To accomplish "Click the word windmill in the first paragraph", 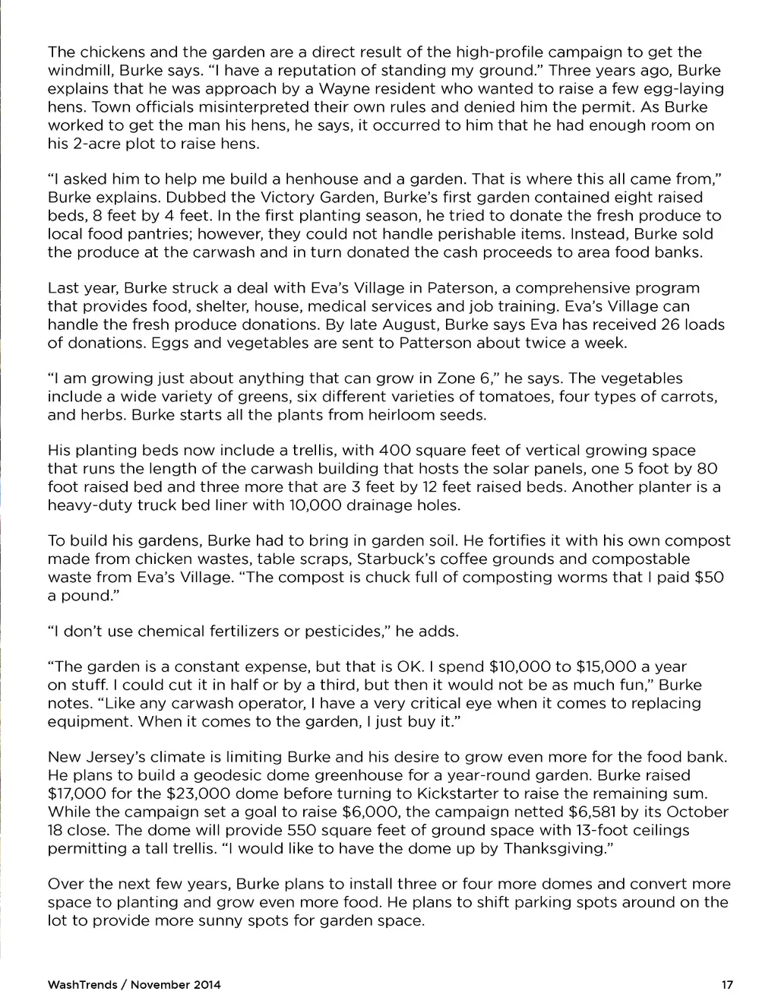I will coord(80,71).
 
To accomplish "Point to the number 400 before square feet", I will coord(395,451).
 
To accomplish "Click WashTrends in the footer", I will coord(82,985).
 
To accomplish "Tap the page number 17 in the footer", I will coord(727,985).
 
